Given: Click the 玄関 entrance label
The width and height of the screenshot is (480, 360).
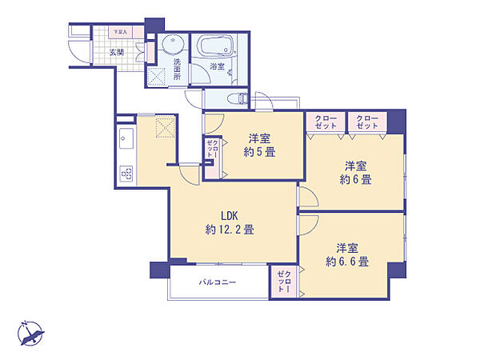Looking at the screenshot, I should click(x=116, y=52).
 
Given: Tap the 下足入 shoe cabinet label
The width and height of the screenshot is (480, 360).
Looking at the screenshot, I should click(x=119, y=32).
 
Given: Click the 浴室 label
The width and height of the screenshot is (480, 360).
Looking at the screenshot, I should click(x=217, y=67).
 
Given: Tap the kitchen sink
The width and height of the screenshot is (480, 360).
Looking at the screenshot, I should click(x=126, y=140).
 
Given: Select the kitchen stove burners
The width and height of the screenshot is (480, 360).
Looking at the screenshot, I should click(x=126, y=172).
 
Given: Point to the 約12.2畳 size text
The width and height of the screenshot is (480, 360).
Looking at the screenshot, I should click(x=230, y=230).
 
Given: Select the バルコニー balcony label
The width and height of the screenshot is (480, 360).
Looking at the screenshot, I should click(x=218, y=282).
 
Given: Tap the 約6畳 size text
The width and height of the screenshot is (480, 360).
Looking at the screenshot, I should click(x=354, y=180).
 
